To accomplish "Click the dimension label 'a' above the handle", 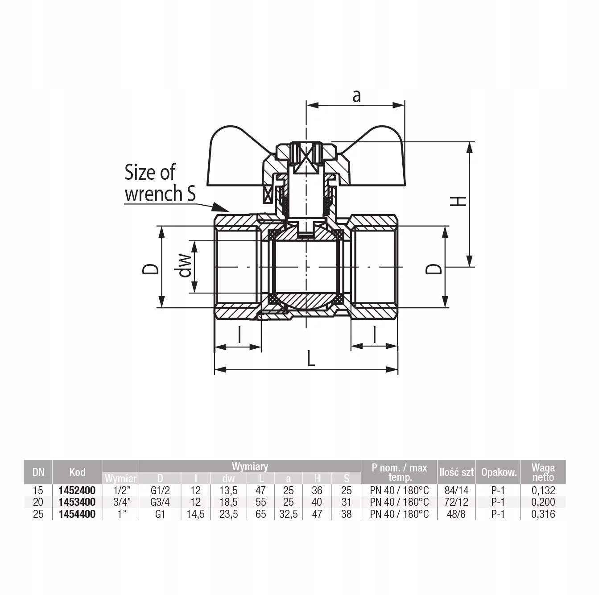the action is pos(356,96).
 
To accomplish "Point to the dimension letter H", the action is pos(459,201).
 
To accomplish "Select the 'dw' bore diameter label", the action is pos(185,265).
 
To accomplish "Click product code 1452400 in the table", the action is pos(77,491).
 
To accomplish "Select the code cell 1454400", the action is pos(77,514).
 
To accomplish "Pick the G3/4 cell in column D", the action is pos(160,502).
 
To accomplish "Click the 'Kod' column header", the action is pos(77,472).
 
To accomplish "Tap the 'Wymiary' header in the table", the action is pos(250,466).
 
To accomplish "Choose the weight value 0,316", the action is pos(543,514).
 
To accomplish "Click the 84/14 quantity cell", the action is pos(456,491).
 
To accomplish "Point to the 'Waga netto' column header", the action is pos(543,472).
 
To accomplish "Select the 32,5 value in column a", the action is pos(288,514).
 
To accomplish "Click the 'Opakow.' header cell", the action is pos(499,472).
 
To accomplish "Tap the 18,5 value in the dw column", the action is pos(228,502).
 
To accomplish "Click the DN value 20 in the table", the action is pos(38,502).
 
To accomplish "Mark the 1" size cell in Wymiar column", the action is pos(122,514).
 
